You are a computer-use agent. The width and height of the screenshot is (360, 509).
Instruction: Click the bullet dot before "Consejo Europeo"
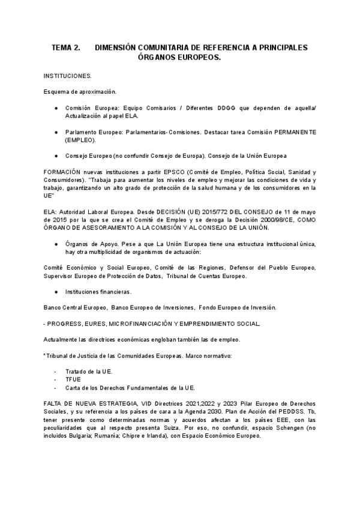[x=56, y=155]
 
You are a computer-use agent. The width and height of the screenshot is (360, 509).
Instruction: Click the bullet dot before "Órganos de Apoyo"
[x=56, y=244]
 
